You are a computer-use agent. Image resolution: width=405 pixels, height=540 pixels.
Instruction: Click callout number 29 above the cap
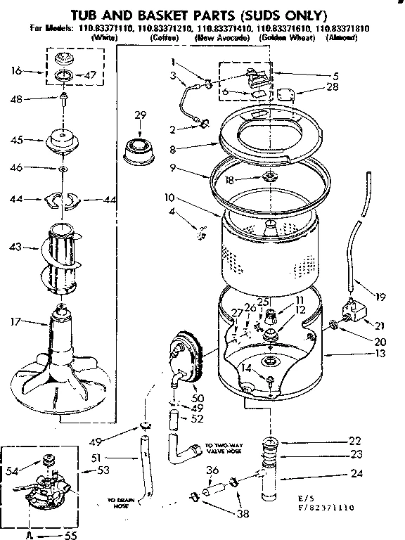coord(140,115)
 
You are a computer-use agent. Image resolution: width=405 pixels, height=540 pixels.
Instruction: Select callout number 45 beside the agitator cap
coord(17,140)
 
